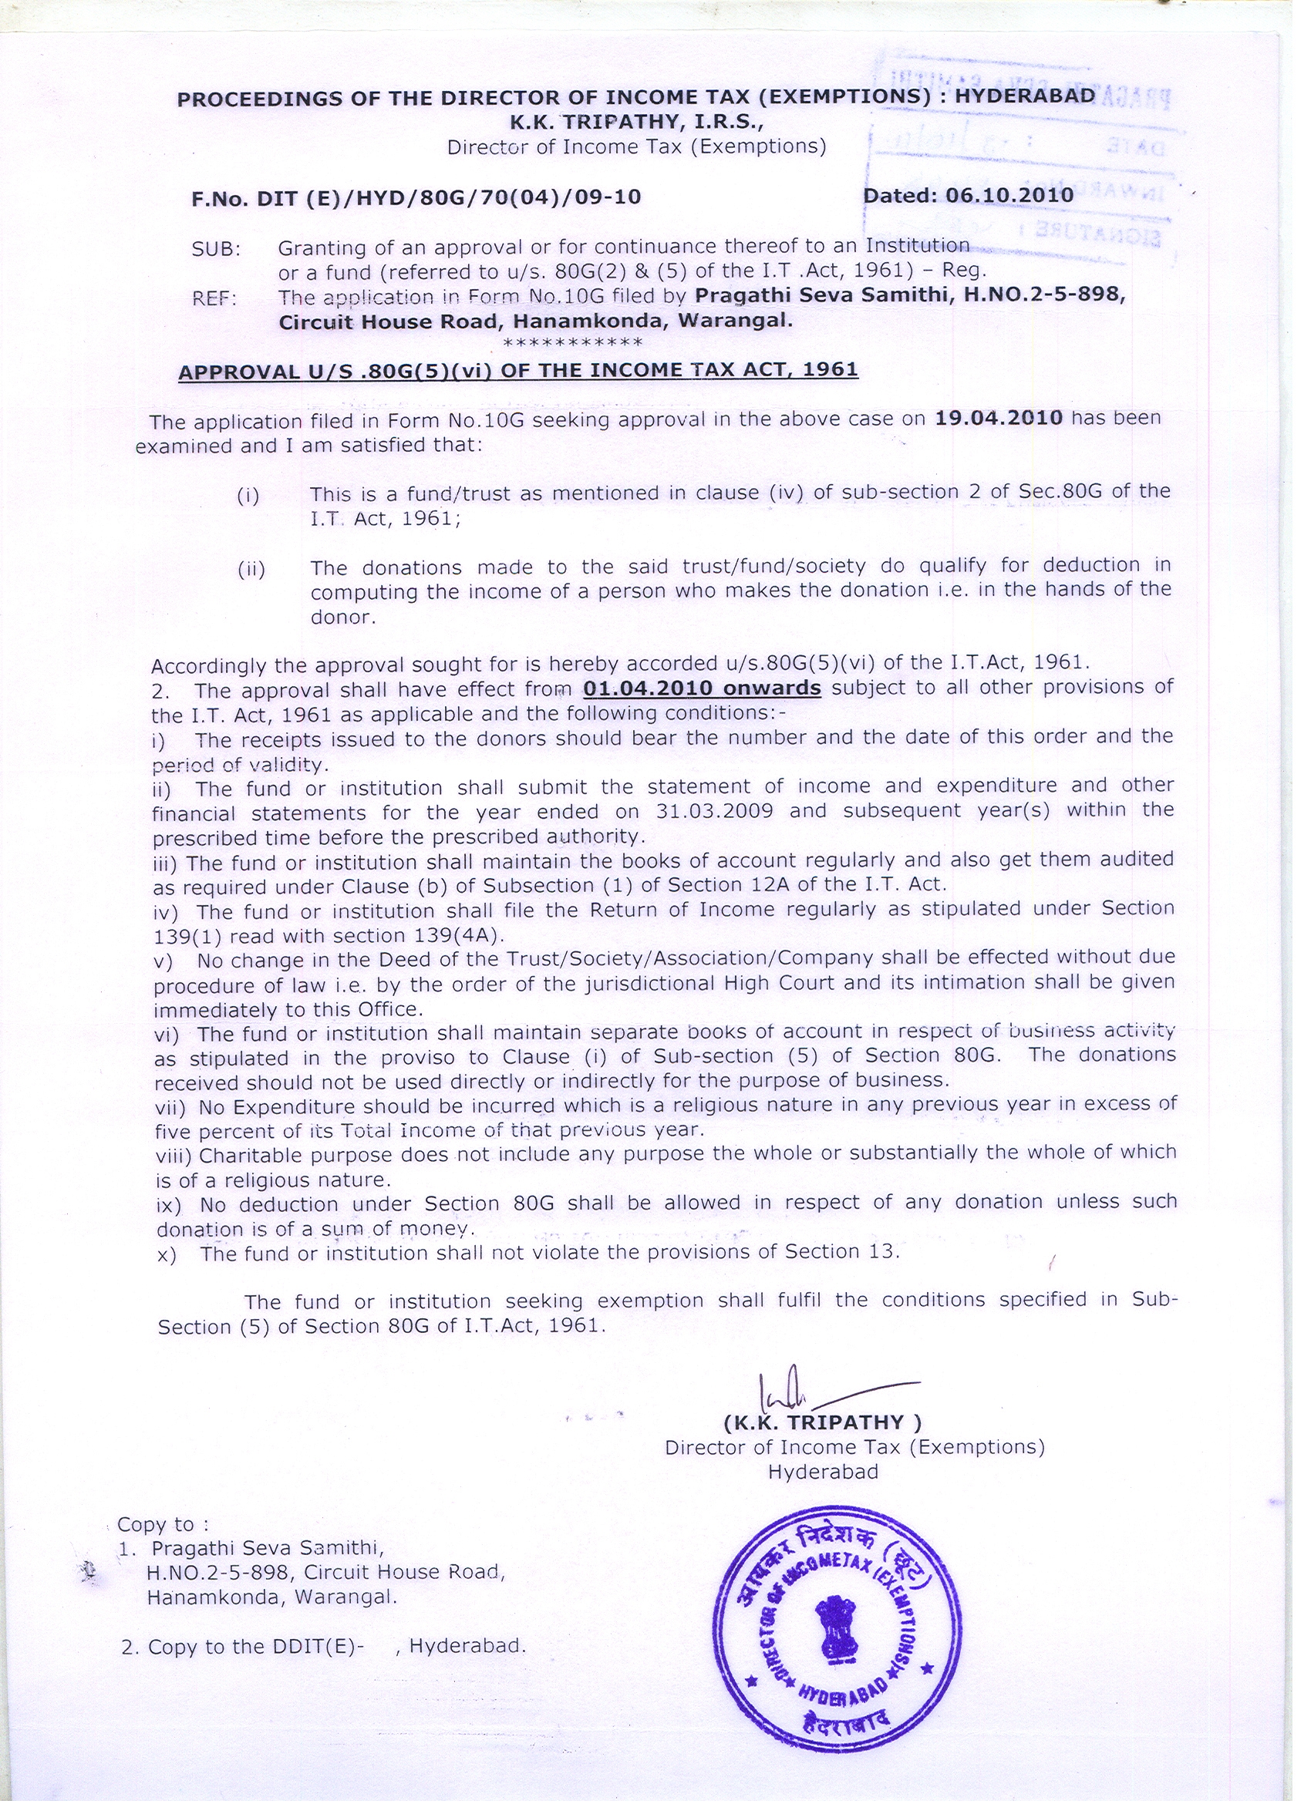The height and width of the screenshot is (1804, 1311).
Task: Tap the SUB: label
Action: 215,249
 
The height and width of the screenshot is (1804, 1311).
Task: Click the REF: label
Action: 215,300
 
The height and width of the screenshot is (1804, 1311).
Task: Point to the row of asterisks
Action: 573,344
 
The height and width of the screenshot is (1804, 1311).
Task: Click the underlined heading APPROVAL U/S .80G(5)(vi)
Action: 518,371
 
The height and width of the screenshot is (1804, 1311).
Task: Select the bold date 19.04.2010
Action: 999,418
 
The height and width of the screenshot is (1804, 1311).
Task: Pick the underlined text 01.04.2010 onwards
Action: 702,688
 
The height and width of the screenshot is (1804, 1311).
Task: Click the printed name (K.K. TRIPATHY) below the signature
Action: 823,1422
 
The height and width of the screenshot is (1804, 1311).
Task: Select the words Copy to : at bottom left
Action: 163,1524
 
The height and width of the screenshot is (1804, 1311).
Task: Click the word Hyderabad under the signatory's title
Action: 824,1472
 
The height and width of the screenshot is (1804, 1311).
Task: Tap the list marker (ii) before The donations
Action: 251,570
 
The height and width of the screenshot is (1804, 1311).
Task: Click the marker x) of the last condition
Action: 167,1254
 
